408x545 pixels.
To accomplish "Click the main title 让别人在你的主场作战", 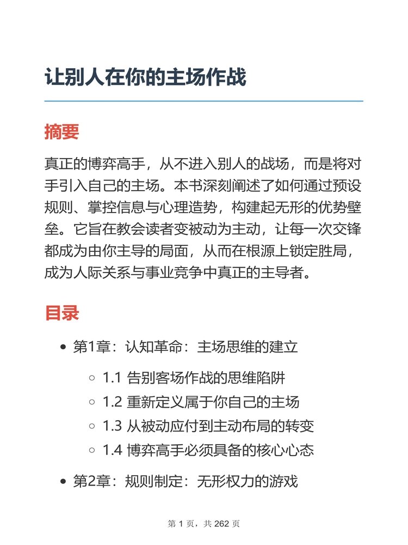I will click(x=145, y=77).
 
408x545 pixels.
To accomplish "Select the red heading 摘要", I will click(x=61, y=132).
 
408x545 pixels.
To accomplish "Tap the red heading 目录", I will click(x=61, y=313).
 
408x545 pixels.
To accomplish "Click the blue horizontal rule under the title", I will click(x=203, y=101).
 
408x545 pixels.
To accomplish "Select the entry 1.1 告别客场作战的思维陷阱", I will click(x=194, y=377).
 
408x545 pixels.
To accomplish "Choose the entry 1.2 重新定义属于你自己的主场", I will click(x=201, y=402).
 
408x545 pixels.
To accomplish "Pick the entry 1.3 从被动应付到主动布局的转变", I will click(x=208, y=427).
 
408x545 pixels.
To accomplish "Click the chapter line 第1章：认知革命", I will click(x=186, y=347).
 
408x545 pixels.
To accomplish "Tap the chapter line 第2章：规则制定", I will click(x=186, y=481).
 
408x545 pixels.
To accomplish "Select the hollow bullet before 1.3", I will click(x=92, y=427).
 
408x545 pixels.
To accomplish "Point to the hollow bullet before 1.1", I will click(x=92, y=377).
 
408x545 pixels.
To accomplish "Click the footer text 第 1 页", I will click(x=181, y=524).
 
